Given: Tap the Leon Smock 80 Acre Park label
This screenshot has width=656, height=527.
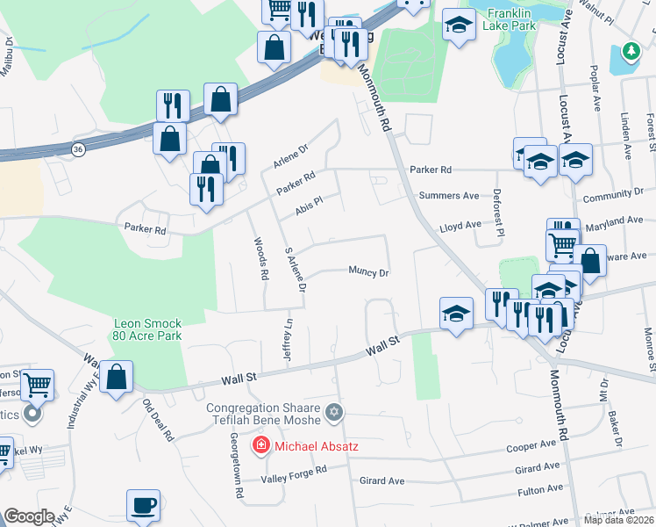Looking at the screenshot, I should (147, 329).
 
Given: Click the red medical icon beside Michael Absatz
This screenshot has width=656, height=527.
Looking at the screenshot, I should (260, 446).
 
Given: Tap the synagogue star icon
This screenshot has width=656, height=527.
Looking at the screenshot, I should (332, 411).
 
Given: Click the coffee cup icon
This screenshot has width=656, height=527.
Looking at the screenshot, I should (143, 506).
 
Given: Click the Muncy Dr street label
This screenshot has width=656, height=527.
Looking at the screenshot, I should (368, 272).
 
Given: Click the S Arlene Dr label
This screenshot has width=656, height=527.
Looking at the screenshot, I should (296, 270).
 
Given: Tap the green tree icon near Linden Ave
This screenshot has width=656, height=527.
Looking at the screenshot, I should (630, 53).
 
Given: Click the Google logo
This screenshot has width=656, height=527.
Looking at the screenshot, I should (29, 516).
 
